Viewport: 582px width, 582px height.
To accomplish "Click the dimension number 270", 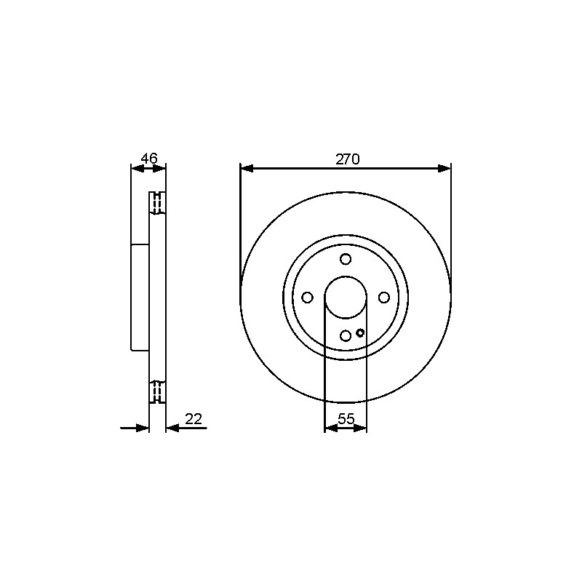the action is pyautogui.click(x=348, y=159).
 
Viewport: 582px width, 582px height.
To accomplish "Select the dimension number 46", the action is pyautogui.click(x=149, y=159).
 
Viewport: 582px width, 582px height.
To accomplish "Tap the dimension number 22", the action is pyautogui.click(x=194, y=419).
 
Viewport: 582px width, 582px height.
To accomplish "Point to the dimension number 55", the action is pyautogui.click(x=346, y=419).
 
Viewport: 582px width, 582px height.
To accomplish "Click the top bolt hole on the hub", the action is pyautogui.click(x=346, y=259).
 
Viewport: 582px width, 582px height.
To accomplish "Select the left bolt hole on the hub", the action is pyautogui.click(x=307, y=298).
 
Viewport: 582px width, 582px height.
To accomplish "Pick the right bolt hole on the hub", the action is pyautogui.click(x=384, y=298).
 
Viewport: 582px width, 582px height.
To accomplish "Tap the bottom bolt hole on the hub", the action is pyautogui.click(x=346, y=336).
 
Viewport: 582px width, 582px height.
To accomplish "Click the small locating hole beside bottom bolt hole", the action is pyautogui.click(x=359, y=333).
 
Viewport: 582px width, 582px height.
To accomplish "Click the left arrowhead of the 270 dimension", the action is pyautogui.click(x=247, y=169).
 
